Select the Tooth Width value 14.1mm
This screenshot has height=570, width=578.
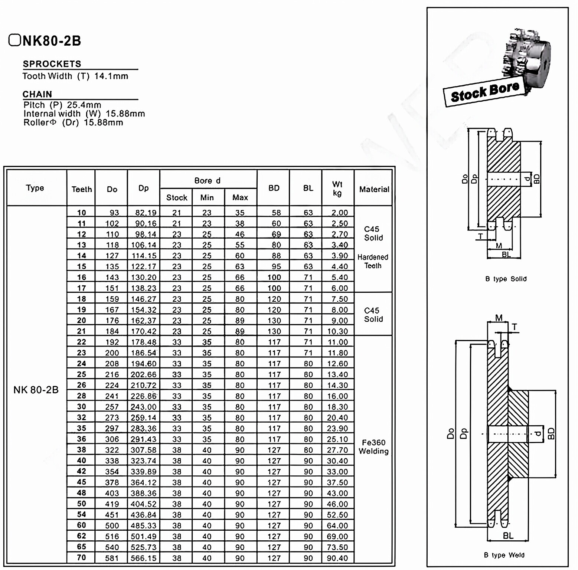click(111, 76)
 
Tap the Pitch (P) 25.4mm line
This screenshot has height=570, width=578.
click(62, 105)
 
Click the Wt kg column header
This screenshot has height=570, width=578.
click(337, 189)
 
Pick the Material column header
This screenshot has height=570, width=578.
click(374, 189)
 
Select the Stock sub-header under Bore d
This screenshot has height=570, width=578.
click(176, 197)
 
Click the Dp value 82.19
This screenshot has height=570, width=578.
click(143, 213)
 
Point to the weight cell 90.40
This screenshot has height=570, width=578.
click(337, 558)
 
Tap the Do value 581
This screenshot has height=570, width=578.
click(112, 558)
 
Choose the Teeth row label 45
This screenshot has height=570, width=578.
click(81, 482)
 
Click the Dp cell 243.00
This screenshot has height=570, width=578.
click(143, 407)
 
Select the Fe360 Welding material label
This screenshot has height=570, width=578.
click(373, 447)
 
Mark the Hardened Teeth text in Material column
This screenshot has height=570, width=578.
click(373, 261)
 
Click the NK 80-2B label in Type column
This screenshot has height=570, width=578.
click(36, 390)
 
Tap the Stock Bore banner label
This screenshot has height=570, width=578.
click(484, 92)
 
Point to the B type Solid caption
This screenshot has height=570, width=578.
click(506, 279)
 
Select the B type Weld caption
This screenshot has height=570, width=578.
click(504, 555)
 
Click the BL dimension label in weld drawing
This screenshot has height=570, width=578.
click(508, 535)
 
